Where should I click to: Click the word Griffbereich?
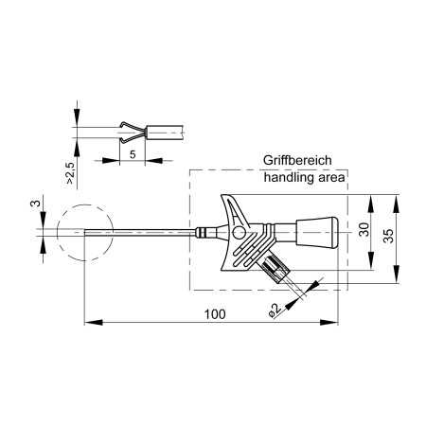pos(297,160)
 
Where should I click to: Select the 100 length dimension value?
pos(215,314)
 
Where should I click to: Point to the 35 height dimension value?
pos(389,236)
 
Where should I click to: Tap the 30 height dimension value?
pos(364,229)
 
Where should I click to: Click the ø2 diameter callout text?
pos(275,310)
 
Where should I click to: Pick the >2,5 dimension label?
pos(70,173)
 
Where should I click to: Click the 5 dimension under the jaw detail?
pos(133,154)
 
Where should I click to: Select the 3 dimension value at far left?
pos(36,203)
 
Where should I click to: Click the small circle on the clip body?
pos(239,233)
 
